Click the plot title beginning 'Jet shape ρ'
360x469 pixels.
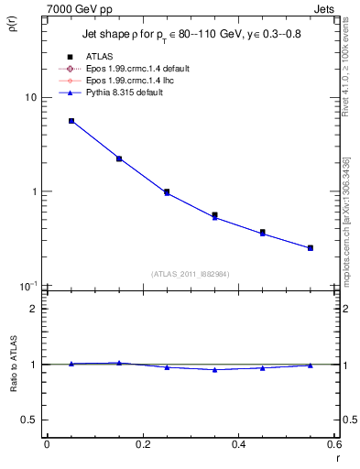191,35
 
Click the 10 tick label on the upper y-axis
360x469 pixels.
29,97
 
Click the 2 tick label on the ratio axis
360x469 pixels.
33,309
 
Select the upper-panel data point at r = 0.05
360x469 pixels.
71,121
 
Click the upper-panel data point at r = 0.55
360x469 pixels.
311,247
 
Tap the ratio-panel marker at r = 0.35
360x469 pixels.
214,370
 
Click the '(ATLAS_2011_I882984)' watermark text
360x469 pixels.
191,273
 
